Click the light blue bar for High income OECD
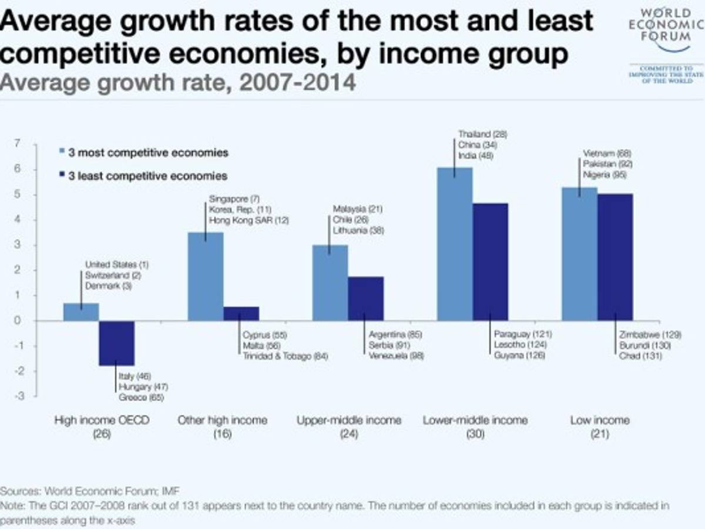pyautogui.click(x=81, y=312)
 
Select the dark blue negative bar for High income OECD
pyautogui.click(x=116, y=343)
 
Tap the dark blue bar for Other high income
pyautogui.click(x=241, y=314)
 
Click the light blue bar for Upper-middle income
pyautogui.click(x=330, y=282)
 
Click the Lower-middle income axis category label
pyautogui.click(x=475, y=420)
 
